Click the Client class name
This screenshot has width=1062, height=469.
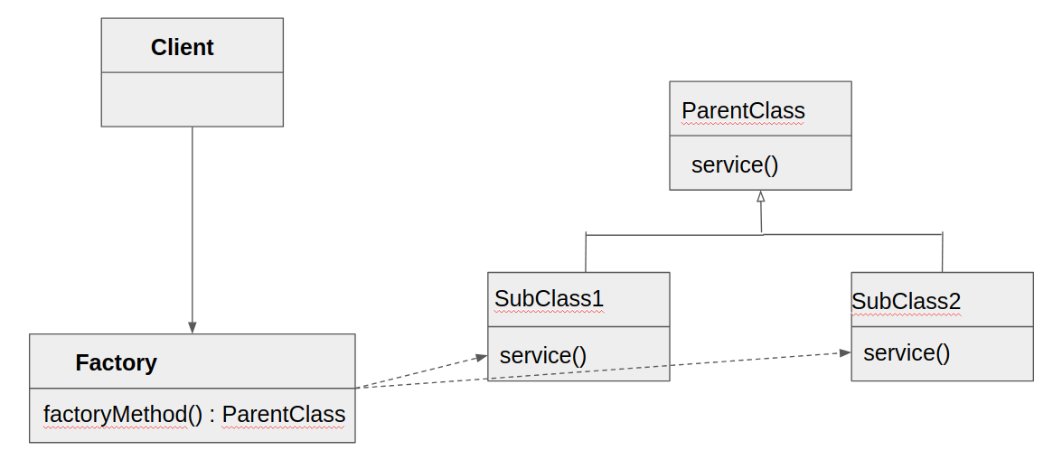point(182,47)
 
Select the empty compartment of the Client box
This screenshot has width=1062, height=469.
point(192,99)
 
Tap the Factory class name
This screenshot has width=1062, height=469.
point(116,362)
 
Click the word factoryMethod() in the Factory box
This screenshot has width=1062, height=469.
point(123,415)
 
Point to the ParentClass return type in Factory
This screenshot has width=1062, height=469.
point(284,415)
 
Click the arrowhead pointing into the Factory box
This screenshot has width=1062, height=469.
point(192,327)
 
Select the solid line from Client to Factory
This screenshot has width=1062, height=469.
point(192,226)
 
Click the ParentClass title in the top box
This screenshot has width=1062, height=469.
point(743,110)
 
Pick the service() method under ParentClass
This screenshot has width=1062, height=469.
point(735,164)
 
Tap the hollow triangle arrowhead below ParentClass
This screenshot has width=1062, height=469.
point(761,196)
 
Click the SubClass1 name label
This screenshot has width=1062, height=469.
point(549,298)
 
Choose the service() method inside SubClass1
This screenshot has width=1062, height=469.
point(543,355)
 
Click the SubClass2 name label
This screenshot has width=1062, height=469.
point(906,301)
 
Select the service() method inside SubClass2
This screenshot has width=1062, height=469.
point(907,352)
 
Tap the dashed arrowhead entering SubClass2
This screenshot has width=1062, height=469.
point(845,352)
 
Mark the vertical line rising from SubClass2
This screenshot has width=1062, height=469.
point(943,253)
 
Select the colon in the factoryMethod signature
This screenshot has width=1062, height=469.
point(212,416)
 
